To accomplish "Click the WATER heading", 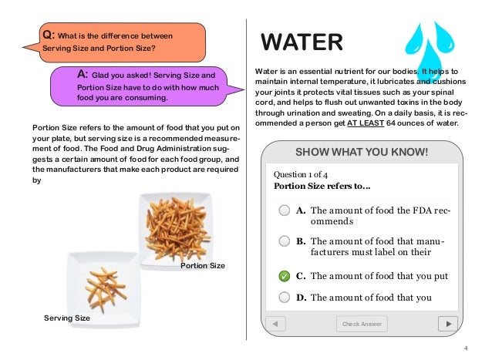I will [302, 40].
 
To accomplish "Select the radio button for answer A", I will [285, 210].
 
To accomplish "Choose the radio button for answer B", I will [285, 241].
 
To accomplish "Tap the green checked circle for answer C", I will [285, 276].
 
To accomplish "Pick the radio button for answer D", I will [285, 298].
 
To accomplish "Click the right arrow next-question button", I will [443, 324].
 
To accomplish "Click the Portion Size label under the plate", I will [202, 266].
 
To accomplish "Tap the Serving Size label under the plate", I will [68, 318].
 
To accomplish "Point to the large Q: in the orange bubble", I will [48, 35].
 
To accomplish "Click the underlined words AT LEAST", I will [367, 123].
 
